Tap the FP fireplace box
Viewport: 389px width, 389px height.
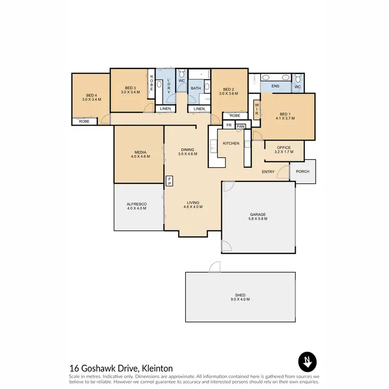pyautogui.click(x=169, y=181)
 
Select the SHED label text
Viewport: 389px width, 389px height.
pyautogui.click(x=240, y=297)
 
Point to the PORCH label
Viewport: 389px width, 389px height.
pyautogui.click(x=302, y=172)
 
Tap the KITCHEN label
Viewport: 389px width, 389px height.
pyautogui.click(x=231, y=143)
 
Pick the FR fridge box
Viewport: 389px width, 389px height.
pyautogui.click(x=229, y=126)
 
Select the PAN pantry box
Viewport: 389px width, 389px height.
pyautogui.click(x=241, y=126)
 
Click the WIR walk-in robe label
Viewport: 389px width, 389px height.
pyautogui.click(x=256, y=109)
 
